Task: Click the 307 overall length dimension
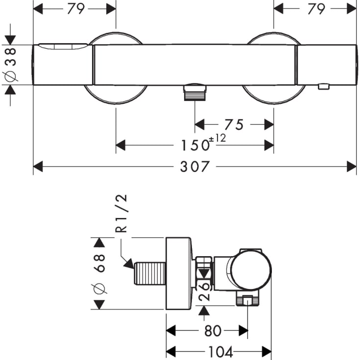click(195, 167)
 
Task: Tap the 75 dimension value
click(234, 125)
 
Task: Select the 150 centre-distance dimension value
click(195, 145)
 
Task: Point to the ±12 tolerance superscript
click(217, 138)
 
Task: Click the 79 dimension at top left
click(76, 9)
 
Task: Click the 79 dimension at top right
click(316, 9)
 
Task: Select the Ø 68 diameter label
click(99, 274)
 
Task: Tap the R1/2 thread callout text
click(121, 213)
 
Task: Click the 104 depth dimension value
click(220, 352)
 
